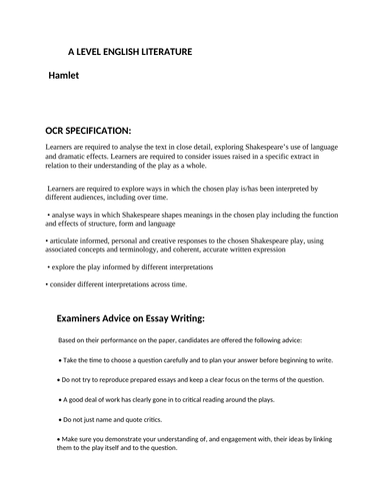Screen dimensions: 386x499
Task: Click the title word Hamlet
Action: tap(71, 75)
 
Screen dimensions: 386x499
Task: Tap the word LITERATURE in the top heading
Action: tap(161, 50)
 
